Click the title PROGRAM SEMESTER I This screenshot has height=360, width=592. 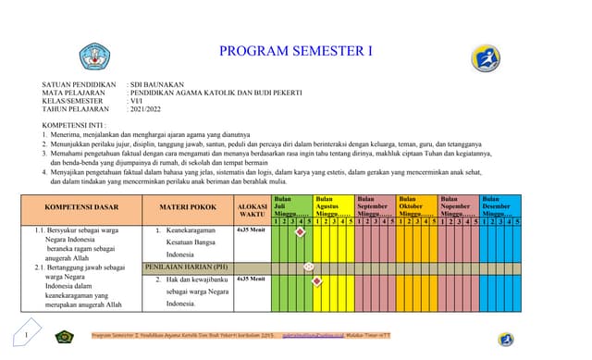pos(295,51)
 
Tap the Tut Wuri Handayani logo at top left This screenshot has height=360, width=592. pos(94,56)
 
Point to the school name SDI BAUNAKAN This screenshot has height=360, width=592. pos(157,85)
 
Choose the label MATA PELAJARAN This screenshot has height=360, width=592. pos(79,93)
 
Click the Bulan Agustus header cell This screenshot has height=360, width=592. pos(332,205)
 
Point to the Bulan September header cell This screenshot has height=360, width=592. pos(375,205)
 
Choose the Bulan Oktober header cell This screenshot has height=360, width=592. pos(416,205)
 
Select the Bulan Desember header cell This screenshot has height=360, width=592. pos(500,205)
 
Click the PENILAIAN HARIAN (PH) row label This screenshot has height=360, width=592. pos(187,267)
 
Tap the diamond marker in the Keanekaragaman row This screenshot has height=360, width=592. pos(300,232)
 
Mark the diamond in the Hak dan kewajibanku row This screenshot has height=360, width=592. pos(317,280)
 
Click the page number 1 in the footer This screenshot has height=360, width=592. pos(27,334)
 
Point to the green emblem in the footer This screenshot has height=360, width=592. pos(64,337)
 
